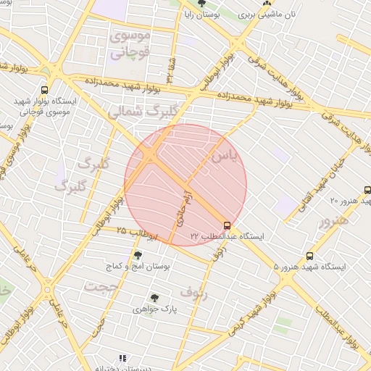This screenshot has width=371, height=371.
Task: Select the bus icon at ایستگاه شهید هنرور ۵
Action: [x=311, y=256]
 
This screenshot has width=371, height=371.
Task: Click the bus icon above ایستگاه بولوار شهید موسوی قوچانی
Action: [x=45, y=91]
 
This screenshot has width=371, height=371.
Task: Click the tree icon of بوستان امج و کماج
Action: [x=138, y=255]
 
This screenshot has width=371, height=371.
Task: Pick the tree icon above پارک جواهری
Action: [x=154, y=297]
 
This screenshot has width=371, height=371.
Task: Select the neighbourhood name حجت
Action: [x=100, y=285]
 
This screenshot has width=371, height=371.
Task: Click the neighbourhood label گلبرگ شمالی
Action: [x=137, y=112]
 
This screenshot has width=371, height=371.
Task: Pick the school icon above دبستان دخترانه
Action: [x=122, y=358]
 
